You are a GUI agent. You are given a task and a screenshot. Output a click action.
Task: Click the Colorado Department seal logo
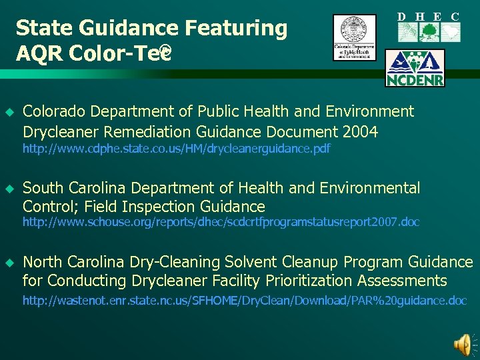pos(355,37)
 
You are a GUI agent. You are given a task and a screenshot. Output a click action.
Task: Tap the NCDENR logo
pos(415,67)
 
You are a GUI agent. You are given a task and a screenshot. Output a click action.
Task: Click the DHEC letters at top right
pos(429,17)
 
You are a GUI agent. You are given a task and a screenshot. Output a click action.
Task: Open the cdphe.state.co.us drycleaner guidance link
pos(176,149)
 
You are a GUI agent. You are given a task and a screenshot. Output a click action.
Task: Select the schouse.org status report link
pos(221,222)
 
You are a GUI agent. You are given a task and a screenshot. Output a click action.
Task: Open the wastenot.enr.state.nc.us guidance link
pos(244,301)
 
